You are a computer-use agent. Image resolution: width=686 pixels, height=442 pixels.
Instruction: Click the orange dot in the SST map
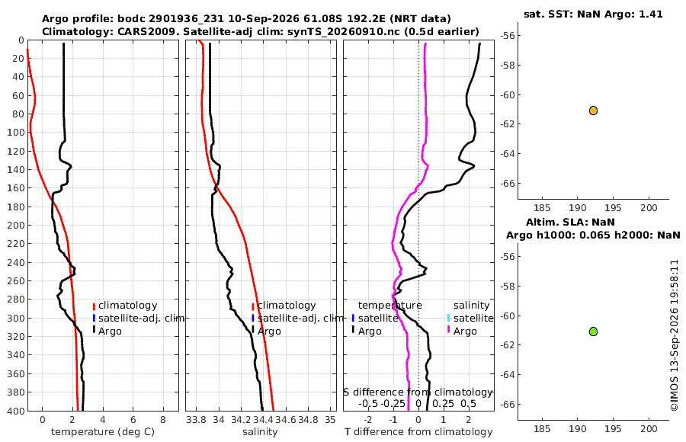click(x=593, y=110)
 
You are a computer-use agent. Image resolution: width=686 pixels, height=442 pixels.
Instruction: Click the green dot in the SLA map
click(x=593, y=331)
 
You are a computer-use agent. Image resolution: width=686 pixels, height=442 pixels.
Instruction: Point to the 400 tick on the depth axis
click(x=16, y=411)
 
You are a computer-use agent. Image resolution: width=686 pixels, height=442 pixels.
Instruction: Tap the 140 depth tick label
click(x=16, y=169)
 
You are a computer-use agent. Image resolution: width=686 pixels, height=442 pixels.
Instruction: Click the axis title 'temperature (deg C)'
click(x=103, y=432)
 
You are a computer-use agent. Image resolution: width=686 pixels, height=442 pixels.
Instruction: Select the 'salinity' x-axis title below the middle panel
click(x=261, y=432)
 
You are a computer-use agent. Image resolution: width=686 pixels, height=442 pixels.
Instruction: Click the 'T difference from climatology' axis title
click(x=418, y=432)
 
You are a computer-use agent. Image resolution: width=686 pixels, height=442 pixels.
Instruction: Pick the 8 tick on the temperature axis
click(x=163, y=420)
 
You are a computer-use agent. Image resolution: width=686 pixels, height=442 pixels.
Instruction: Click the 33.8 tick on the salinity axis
click(x=197, y=420)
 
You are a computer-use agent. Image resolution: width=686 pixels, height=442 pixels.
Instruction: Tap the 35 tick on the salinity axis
click(x=330, y=420)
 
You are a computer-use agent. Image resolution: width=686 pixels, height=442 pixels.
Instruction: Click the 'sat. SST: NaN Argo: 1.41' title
click(x=593, y=14)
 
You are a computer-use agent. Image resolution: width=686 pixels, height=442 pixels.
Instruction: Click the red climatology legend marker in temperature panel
click(x=94, y=306)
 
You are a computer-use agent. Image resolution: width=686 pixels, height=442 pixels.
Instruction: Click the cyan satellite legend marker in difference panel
click(x=448, y=318)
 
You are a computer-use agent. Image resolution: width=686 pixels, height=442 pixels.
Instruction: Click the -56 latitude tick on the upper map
click(x=508, y=36)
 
